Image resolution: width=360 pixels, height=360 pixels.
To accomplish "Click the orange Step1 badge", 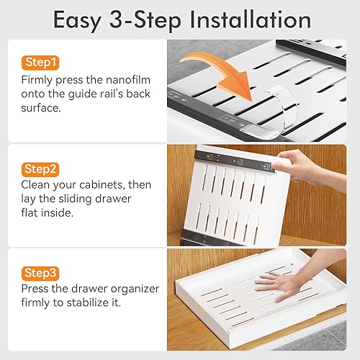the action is point(40,63).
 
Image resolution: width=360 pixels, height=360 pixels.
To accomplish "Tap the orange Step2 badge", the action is point(40,169).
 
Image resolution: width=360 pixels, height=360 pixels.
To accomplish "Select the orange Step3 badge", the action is point(40,274).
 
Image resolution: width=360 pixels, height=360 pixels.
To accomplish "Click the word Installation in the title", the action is point(251,20).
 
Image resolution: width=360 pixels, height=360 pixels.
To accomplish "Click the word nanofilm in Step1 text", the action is point(128,80).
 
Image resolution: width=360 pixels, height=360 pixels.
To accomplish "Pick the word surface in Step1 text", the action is point(41,108).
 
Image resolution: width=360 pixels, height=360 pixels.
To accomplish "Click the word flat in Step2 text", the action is point(30,213).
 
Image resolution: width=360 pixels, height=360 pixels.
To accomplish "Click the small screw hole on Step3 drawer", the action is point(292,264).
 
